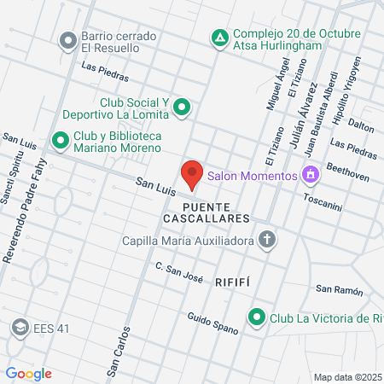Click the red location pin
pyautogui.click(x=192, y=175)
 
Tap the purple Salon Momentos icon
pyautogui.click(x=311, y=176)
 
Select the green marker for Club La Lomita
pyautogui.click(x=181, y=108)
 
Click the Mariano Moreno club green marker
pyautogui.click(x=60, y=139)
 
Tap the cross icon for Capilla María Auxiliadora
pyautogui.click(x=267, y=240)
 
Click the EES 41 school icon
pyautogui.click(x=19, y=326)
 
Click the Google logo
pyautogui.click(x=28, y=373)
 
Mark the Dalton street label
pyautogui.click(x=362, y=126)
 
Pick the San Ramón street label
pyautogui.click(x=335, y=289)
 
